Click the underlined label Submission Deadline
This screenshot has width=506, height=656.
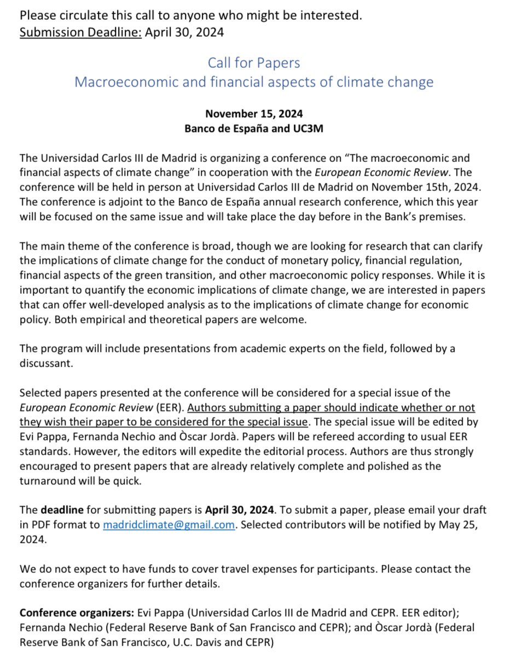pyautogui.click(x=80, y=32)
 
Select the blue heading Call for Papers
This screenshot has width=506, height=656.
pyautogui.click(x=254, y=63)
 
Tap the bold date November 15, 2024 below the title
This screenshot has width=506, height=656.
pyautogui.click(x=254, y=114)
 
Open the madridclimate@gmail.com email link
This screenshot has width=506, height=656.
pyautogui.click(x=169, y=524)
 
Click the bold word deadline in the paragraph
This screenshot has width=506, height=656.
pyautogui.click(x=61, y=510)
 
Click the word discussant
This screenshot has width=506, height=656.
pyautogui.click(x=45, y=364)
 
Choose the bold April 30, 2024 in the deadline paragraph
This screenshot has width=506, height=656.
pyautogui.click(x=241, y=510)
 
